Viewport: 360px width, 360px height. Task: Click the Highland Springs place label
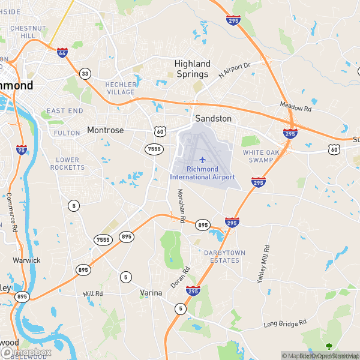pos(192,68)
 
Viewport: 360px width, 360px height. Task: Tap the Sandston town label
pos(213,119)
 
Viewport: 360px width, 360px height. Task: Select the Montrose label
pos(105,130)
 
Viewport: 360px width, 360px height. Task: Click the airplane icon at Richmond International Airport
pos(202,160)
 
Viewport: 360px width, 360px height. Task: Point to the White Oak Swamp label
pos(262,156)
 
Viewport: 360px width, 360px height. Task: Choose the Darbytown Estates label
pos(224,256)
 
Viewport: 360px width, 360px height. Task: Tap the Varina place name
pos(151,293)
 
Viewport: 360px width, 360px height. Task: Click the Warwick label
pos(26,260)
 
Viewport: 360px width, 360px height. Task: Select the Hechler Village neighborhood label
pos(121,88)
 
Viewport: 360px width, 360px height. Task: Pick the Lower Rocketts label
pos(68,163)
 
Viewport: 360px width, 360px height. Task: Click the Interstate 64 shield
pos(62,53)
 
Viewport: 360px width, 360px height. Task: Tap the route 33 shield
pos(85,73)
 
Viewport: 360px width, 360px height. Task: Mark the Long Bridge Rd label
pos(285,324)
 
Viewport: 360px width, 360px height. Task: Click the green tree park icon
pos(328,346)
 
